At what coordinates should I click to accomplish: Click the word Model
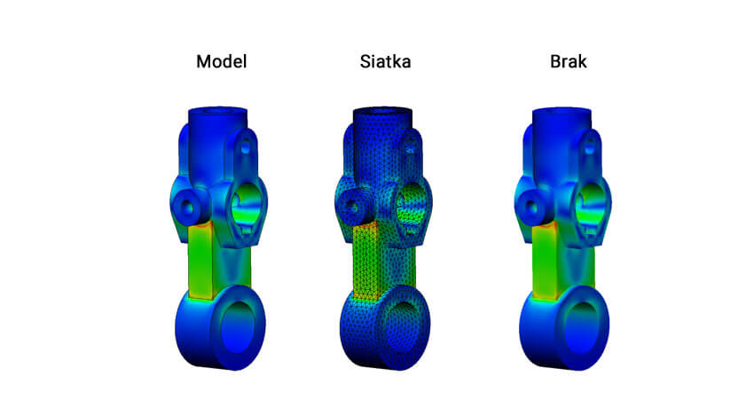221,63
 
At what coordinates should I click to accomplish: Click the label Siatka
385,63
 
